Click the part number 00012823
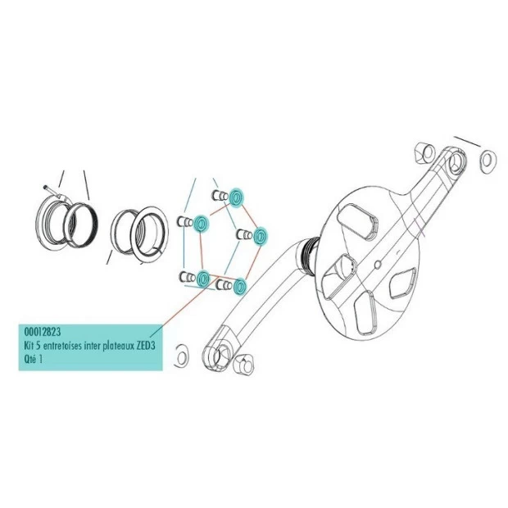click(x=43, y=332)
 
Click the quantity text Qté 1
click(x=33, y=360)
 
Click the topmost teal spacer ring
click(x=236, y=197)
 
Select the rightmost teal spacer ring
click(x=260, y=236)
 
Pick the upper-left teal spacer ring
click(x=201, y=223)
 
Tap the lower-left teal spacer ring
click(x=203, y=279)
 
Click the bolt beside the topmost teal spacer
click(x=220, y=196)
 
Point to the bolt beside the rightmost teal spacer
click(x=244, y=234)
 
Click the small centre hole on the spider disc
click(x=377, y=265)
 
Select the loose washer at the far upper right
click(x=487, y=161)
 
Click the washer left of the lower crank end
click(x=181, y=356)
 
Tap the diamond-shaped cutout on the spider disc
click(x=402, y=283)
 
